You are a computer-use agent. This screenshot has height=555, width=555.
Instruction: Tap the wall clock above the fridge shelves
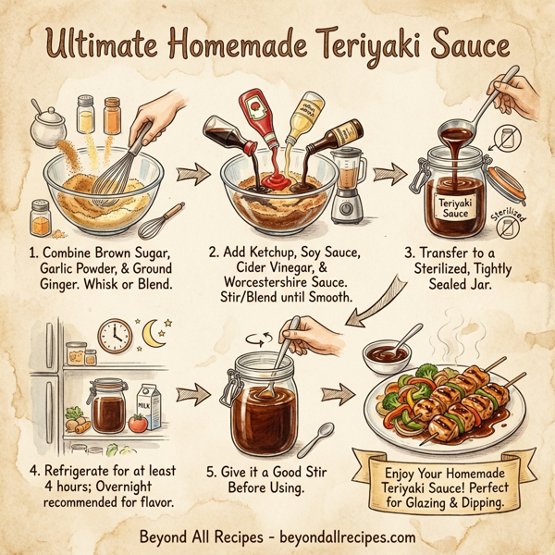coord(115,337)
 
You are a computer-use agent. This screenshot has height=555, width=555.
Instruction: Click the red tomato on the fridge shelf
coord(139,424)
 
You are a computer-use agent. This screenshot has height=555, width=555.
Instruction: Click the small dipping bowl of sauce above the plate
coord(392,352)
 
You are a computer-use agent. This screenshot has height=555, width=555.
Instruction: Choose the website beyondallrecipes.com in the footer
coord(340,536)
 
